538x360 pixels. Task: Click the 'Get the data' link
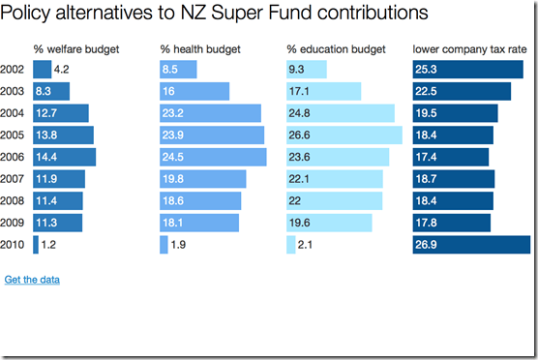point(32,280)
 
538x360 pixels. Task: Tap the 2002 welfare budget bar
point(42,70)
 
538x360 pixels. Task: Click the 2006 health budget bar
point(213,157)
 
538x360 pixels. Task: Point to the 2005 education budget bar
point(344,135)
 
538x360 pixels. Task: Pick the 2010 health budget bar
point(164,245)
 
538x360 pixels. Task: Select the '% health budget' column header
point(200,49)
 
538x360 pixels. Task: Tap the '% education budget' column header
point(336,49)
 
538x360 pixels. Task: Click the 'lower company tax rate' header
point(470,49)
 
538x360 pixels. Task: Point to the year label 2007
point(14,179)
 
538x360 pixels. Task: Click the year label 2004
point(14,113)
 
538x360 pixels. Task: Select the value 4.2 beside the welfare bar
point(62,70)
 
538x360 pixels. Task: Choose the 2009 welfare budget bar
point(57,223)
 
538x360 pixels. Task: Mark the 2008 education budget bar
point(334,200)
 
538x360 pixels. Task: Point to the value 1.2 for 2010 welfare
point(49,245)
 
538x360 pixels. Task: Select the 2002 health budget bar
point(178,70)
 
